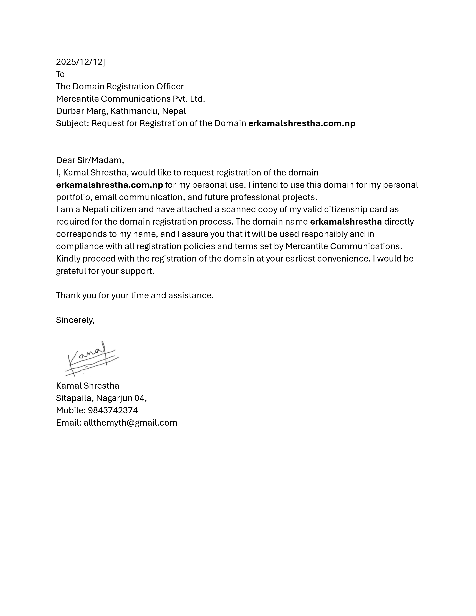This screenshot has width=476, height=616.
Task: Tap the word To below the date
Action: pyautogui.click(x=60, y=74)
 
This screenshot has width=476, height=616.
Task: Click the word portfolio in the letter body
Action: pyautogui.click(x=74, y=197)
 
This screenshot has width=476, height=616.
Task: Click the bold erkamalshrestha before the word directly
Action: pyautogui.click(x=346, y=222)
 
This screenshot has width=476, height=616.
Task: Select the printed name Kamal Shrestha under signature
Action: pyautogui.click(x=87, y=386)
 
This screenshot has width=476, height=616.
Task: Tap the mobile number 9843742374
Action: pyautogui.click(x=113, y=410)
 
